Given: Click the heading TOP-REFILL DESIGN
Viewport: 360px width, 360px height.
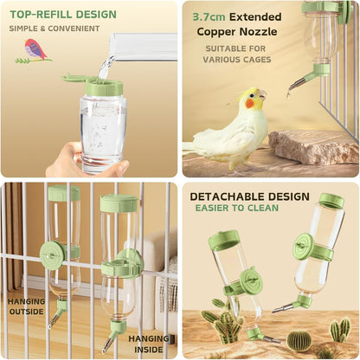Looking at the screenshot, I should click(x=62, y=14).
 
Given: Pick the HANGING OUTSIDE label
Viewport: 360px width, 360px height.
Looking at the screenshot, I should click(x=26, y=306).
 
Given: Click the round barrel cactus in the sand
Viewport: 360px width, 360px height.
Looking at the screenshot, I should click(x=299, y=340).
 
